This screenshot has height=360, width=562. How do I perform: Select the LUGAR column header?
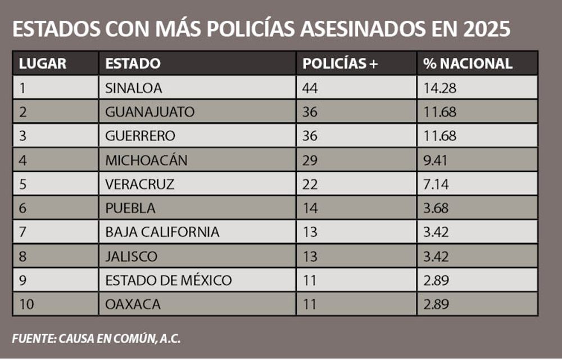coord(43,64)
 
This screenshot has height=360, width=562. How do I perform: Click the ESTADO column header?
coord(133,64)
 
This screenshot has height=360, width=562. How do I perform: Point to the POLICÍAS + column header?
coord(340,64)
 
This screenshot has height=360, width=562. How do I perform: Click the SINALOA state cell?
coord(133,88)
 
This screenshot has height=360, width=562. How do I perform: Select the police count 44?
coord(310,88)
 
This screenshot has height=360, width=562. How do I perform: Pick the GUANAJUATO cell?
coord(149,112)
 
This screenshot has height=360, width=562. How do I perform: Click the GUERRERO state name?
coord(140,136)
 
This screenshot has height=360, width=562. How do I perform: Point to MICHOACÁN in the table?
coord(146,160)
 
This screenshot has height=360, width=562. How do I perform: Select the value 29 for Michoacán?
coord(310,160)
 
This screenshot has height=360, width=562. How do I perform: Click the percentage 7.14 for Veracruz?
coord(437,184)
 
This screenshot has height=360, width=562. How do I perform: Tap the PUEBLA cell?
coord(130,208)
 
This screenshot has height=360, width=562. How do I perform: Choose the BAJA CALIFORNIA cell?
coord(162,232)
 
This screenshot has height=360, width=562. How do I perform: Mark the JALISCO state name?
coord(132,256)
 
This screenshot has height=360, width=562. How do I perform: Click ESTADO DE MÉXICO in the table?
coord(168,280)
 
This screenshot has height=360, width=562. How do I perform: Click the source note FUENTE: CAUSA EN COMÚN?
coord(96,339)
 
